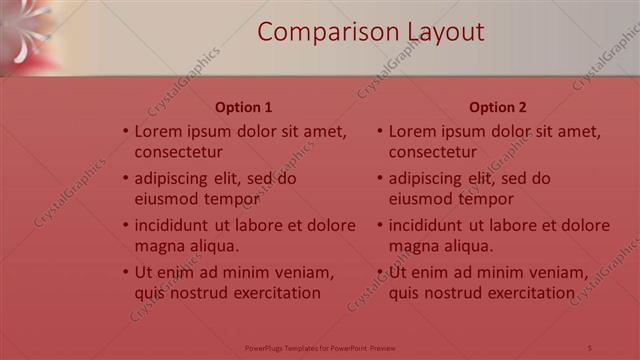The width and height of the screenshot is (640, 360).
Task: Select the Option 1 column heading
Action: pyautogui.click(x=243, y=107)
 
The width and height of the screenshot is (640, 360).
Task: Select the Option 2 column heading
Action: pyautogui.click(x=497, y=107)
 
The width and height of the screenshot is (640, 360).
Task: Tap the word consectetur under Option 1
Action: pyautogui.click(x=179, y=153)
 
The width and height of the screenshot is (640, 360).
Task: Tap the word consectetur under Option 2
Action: pyautogui.click(x=433, y=153)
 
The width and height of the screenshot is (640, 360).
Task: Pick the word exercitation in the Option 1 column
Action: pyautogui.click(x=272, y=293)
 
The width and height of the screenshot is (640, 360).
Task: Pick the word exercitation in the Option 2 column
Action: pyautogui.click(x=526, y=293)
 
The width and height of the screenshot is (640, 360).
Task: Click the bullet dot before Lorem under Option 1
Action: pyautogui.click(x=126, y=131)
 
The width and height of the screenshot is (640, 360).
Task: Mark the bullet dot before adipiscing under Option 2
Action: pyautogui.click(x=380, y=179)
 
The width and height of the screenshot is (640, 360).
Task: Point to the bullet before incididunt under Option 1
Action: pyautogui.click(x=126, y=225)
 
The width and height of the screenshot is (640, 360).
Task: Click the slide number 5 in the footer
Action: pyautogui.click(x=590, y=348)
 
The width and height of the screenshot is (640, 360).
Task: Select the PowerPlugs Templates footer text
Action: pyautogui.click(x=320, y=348)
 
